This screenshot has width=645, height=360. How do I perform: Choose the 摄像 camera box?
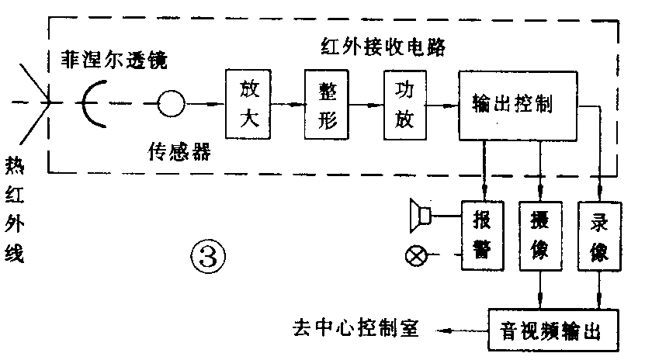(541, 235)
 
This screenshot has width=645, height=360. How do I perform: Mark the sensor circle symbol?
(171, 103)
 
